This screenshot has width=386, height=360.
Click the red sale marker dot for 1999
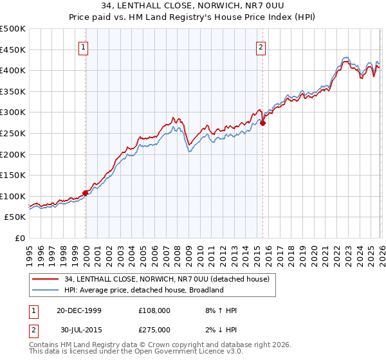86,193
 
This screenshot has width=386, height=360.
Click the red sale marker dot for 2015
263,123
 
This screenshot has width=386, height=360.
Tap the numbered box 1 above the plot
85,46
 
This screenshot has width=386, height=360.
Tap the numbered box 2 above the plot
261,46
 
